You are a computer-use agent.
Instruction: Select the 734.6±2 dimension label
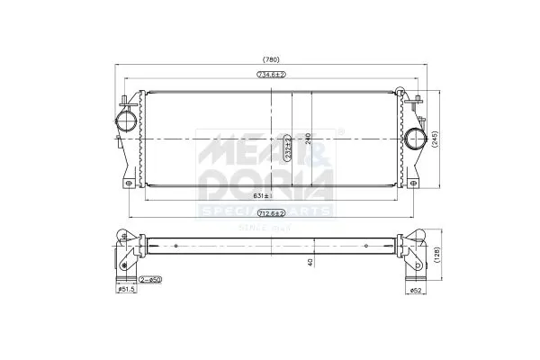(x=271, y=75)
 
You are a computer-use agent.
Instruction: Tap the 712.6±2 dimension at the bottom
(x=271, y=213)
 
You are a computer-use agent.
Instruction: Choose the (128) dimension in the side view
(x=436, y=253)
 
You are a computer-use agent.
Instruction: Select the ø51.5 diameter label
(x=125, y=290)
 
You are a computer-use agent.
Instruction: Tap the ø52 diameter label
(x=414, y=290)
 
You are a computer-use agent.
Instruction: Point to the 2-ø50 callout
(x=150, y=281)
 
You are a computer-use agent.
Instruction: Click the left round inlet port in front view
(x=126, y=119)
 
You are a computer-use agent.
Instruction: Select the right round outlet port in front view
(x=414, y=139)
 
